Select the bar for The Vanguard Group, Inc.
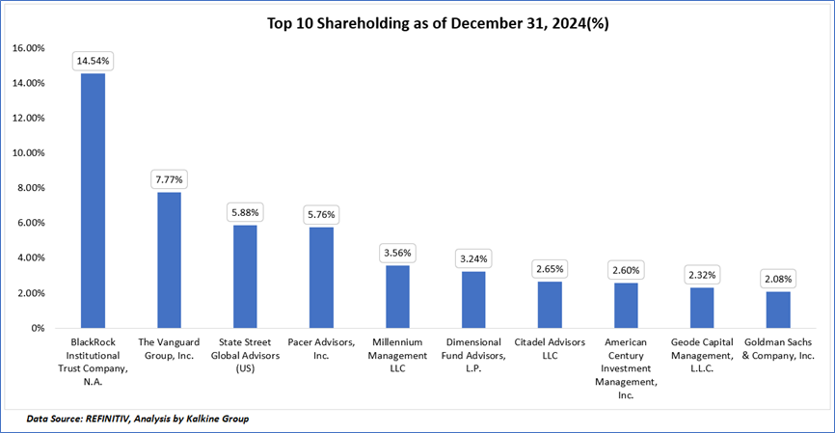[x=169, y=260]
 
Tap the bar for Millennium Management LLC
[x=398, y=296]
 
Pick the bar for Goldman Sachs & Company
[x=778, y=310]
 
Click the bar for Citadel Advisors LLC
[x=550, y=305]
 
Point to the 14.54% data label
[x=94, y=61]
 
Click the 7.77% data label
[x=170, y=179]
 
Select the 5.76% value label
[x=322, y=214]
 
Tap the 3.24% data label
[x=474, y=258]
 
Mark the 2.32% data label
[x=702, y=274]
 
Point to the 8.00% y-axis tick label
[x=29, y=188]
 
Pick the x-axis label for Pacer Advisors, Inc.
[x=322, y=348]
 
